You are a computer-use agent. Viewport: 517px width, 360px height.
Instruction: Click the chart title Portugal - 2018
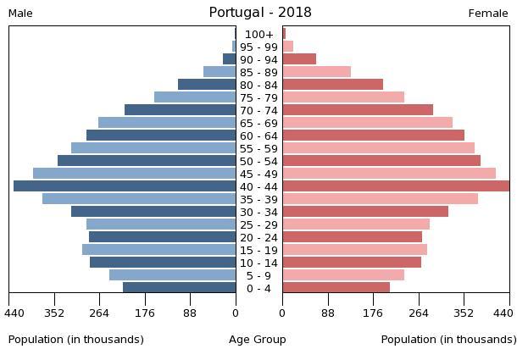[260, 13]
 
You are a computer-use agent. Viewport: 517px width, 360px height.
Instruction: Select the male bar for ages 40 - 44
[125, 186]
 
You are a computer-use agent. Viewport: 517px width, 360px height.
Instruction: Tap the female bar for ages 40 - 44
[396, 186]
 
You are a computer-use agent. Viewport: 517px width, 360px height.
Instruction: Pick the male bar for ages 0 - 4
[180, 288]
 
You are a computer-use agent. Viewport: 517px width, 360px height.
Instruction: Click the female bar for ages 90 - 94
[299, 59]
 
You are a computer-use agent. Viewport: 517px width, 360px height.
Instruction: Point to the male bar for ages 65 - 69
[167, 123]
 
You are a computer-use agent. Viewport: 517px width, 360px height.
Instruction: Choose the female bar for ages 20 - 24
[353, 237]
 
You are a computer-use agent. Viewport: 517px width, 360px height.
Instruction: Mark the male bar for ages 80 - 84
[207, 85]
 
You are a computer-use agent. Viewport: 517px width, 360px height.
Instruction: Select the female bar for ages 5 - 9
[343, 275]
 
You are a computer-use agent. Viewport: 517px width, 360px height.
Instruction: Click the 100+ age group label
[259, 34]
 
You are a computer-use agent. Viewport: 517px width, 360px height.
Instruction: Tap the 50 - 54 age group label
[259, 161]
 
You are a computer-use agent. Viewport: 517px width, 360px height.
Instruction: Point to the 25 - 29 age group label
[259, 224]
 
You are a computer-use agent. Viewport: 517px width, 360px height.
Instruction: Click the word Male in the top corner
[20, 14]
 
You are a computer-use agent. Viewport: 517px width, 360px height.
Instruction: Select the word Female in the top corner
[488, 14]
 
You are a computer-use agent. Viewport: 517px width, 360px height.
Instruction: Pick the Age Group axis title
[258, 340]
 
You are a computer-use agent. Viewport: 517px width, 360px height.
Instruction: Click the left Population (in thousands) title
[76, 340]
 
